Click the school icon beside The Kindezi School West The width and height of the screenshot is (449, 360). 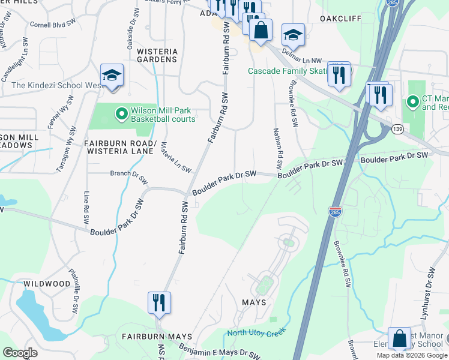tap(112, 76)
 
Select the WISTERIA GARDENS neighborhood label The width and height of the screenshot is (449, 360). tap(157, 55)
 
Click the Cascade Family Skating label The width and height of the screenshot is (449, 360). tap(288, 71)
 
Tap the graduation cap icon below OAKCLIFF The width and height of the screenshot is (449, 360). tap(293, 35)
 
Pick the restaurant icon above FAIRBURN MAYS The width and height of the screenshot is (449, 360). tap(159, 301)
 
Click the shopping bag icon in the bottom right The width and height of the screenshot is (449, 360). tap(399, 338)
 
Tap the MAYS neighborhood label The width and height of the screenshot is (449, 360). tap(254, 302)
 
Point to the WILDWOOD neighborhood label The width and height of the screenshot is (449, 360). tap(47, 283)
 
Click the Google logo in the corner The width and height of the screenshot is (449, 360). tap(20, 353)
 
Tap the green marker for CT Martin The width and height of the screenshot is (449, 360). tap(412, 102)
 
